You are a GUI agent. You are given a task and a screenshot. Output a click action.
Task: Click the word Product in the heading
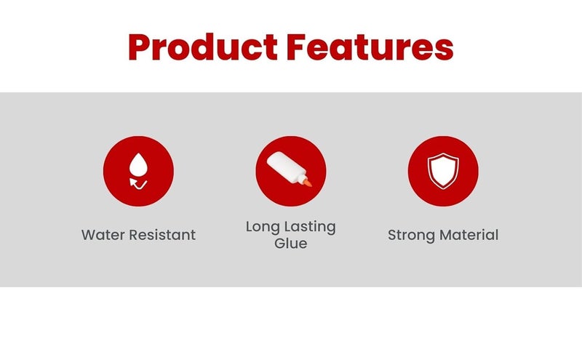[203, 47]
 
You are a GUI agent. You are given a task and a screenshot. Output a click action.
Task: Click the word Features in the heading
[370, 47]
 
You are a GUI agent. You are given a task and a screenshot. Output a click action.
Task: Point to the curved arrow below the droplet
[138, 183]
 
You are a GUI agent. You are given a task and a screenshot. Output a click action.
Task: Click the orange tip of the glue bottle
[307, 183]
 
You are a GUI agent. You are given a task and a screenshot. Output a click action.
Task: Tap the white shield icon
[443, 171]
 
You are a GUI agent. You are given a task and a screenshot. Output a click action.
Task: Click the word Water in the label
[103, 235]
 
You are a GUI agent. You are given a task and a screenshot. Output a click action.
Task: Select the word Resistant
[162, 235]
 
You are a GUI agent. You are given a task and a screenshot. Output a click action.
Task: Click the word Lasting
[310, 227]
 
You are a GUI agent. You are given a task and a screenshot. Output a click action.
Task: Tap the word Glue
[290, 244]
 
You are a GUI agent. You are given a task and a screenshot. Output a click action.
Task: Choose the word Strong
[411, 236]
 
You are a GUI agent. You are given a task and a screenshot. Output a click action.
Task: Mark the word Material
[469, 235]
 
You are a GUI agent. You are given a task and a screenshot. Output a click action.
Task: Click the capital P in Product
[138, 47]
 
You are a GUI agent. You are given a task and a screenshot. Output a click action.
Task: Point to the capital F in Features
[296, 47]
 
